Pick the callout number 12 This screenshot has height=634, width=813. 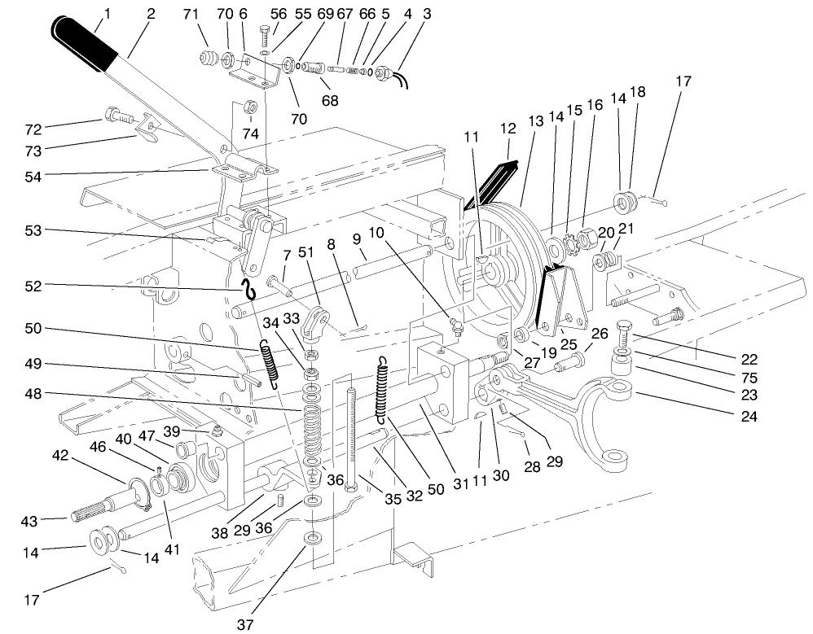click(x=508, y=129)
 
